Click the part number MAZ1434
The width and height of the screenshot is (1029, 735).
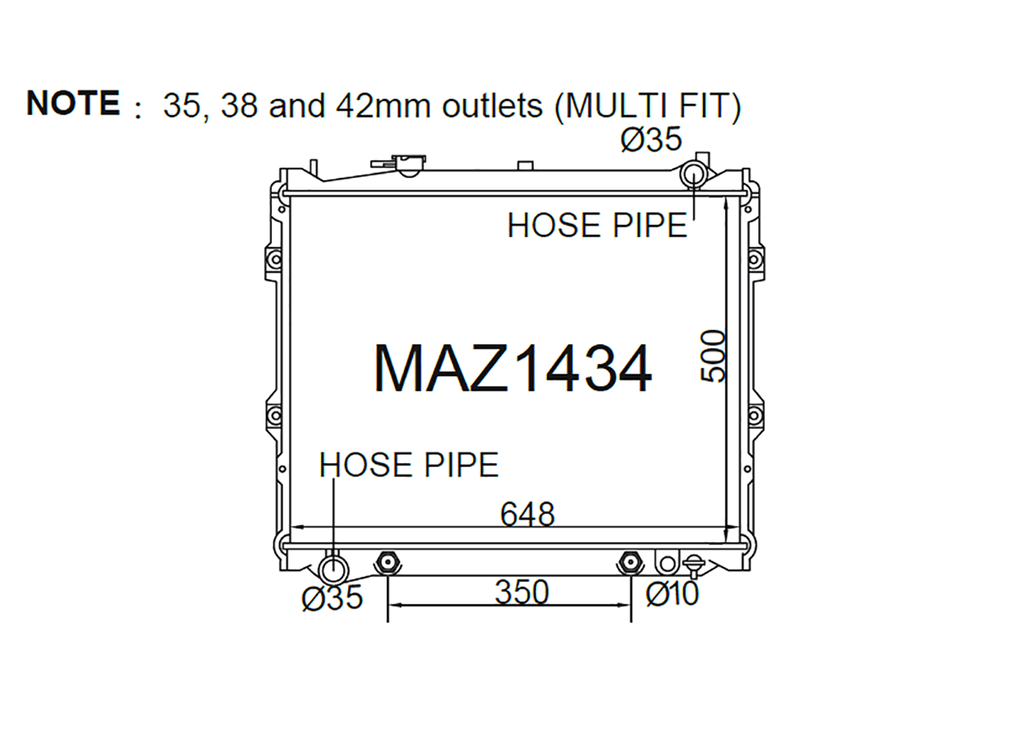[512, 369]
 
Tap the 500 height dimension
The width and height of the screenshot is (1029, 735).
[713, 355]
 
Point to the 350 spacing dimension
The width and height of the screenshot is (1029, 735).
[522, 592]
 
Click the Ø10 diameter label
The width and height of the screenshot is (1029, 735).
[672, 594]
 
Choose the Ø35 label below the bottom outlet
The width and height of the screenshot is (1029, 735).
[332, 598]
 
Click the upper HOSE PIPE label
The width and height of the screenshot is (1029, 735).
[598, 225]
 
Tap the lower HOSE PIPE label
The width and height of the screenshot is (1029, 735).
[409, 465]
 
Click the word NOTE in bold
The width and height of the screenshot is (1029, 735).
[73, 102]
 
